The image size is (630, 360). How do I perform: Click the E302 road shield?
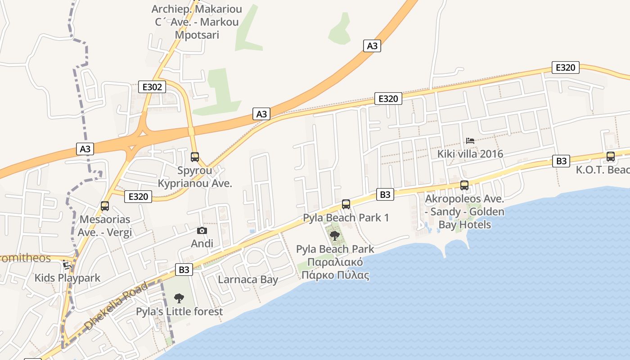pyautogui.click(x=152, y=87)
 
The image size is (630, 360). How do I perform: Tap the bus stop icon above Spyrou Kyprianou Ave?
pyautogui.click(x=195, y=157)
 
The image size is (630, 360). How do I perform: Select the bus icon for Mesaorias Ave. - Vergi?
pyautogui.click(x=105, y=206)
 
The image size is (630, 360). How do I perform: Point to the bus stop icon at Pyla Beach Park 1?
pyautogui.click(x=346, y=204)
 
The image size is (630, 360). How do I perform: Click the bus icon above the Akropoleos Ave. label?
pyautogui.click(x=464, y=185)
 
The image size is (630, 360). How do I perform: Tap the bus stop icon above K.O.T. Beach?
pyautogui.click(x=610, y=157)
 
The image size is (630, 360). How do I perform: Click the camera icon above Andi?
pyautogui.click(x=202, y=231)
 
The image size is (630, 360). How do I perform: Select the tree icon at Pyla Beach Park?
pyautogui.click(x=334, y=235)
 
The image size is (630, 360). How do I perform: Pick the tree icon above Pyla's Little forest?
pyautogui.click(x=179, y=298)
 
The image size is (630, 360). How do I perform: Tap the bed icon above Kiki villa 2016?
pyautogui.click(x=470, y=141)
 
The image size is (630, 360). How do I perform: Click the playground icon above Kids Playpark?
pyautogui.click(x=67, y=264)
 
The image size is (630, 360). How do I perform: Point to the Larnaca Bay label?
pyautogui.click(x=248, y=279)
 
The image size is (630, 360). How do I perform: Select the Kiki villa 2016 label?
pyautogui.click(x=470, y=154)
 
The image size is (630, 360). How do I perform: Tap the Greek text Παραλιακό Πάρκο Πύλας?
pyautogui.click(x=335, y=269)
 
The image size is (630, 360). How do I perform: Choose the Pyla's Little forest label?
pyautogui.click(x=179, y=311)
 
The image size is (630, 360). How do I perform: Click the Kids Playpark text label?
pyautogui.click(x=67, y=278)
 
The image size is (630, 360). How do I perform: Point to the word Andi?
pyautogui.click(x=202, y=243)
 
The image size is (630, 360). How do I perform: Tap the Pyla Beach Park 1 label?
pyautogui.click(x=346, y=218)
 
